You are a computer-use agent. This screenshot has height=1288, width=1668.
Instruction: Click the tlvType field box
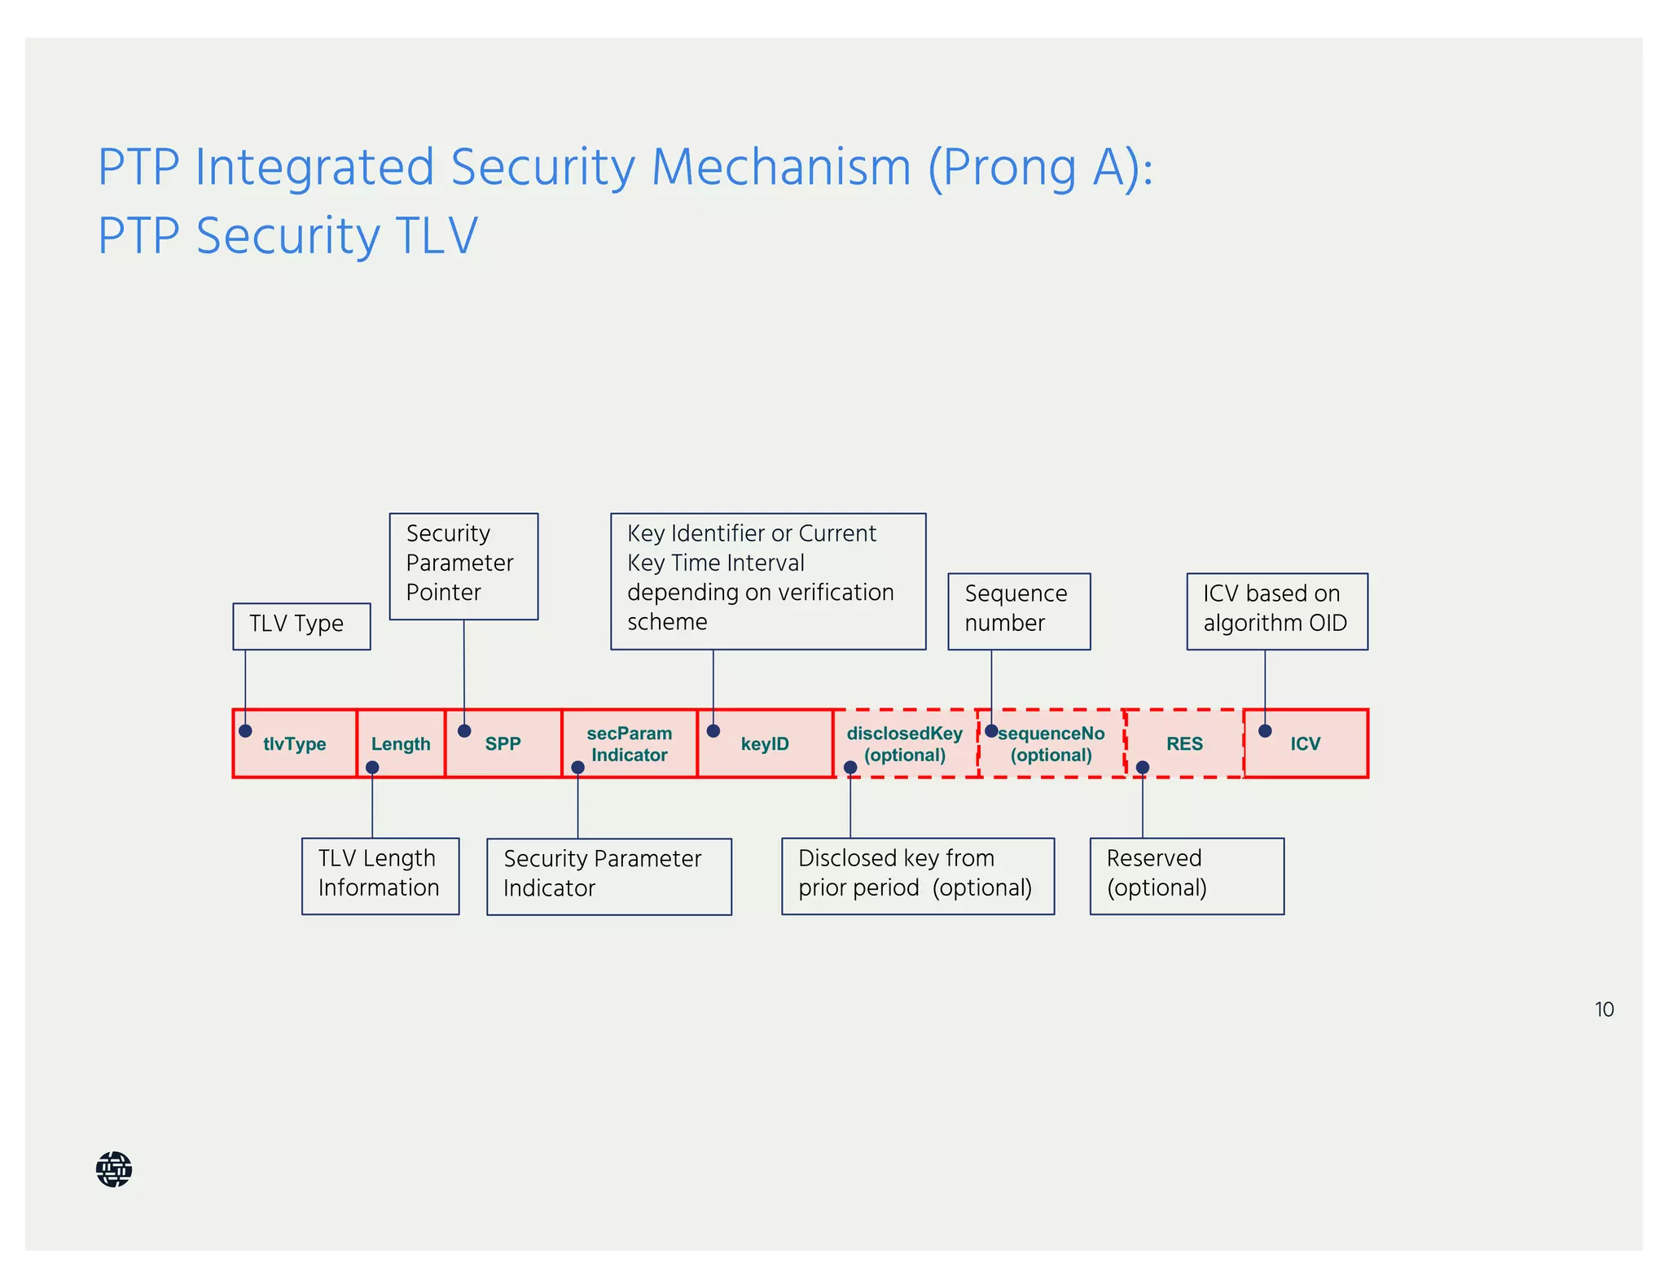294,743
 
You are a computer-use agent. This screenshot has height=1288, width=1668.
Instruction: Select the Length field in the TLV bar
401,743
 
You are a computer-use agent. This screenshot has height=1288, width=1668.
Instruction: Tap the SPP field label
503,743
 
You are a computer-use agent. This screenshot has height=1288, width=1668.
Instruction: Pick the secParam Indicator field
629,743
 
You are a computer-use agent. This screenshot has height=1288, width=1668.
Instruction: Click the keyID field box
765,743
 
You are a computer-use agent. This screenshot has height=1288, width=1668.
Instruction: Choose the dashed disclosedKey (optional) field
904,743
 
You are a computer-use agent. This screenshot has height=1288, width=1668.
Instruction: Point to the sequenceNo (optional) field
1051,743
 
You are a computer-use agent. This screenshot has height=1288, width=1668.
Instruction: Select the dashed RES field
1184,743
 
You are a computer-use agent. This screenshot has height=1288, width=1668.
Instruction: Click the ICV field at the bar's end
1305,743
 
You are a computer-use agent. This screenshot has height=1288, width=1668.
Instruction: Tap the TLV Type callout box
301,626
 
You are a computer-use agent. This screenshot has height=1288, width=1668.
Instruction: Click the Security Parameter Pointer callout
463,566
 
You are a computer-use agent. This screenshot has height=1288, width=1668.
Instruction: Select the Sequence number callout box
1019,611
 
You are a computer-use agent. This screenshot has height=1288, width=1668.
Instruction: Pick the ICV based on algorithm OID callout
1276,611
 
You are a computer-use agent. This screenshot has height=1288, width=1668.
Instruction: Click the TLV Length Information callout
380,875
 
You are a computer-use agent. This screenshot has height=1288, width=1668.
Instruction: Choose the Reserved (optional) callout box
1187,875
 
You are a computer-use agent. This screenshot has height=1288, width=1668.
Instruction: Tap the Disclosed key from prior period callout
917,875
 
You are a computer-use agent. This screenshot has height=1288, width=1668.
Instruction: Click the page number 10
1604,1010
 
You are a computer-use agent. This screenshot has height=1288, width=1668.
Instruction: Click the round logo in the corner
114,1169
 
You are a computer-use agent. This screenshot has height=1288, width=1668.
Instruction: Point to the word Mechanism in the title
781,168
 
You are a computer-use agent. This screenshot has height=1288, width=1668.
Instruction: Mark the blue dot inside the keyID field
713,731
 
